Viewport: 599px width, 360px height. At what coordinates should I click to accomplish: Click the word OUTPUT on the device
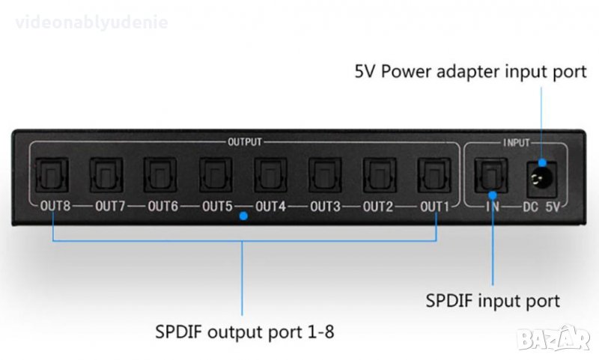244,141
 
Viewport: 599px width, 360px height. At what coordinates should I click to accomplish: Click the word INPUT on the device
515,141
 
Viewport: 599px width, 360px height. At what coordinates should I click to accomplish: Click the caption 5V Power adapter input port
469,73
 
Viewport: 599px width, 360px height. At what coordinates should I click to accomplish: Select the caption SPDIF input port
493,302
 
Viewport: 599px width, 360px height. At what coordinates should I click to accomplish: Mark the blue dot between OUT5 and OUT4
243,218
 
